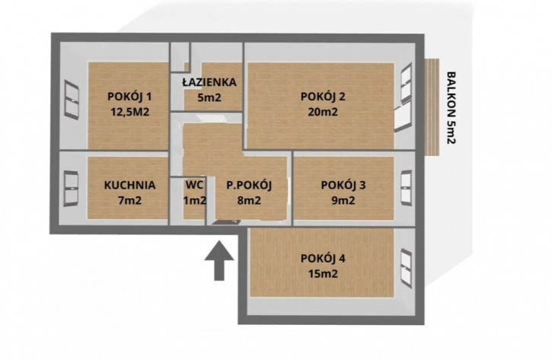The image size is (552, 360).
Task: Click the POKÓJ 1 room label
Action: click(129, 97)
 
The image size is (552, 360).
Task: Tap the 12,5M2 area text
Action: click(130, 112)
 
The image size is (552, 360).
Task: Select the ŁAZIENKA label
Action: click(209, 81)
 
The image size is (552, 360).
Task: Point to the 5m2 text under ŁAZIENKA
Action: click(209, 97)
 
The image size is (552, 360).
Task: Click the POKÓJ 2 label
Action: click(323, 97)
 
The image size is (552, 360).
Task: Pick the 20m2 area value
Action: click(323, 112)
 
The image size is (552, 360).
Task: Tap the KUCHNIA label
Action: click(130, 185)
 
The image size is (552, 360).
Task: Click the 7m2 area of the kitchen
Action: click(130, 201)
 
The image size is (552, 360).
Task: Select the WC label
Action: click(194, 185)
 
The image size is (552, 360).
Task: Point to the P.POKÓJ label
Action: click(249, 186)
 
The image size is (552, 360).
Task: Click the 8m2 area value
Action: click(249, 201)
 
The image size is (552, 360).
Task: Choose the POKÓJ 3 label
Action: click(343, 186)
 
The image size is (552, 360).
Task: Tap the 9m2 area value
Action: click(343, 201)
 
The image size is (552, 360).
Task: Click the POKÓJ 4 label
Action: click(323, 258)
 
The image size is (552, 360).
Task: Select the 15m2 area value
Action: click(323, 274)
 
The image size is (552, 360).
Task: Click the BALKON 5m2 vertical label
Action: click(451, 107)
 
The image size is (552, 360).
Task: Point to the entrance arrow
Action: click(219, 261)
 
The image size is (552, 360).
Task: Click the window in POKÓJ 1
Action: click(72, 100)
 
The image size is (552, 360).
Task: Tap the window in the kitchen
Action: click(71, 188)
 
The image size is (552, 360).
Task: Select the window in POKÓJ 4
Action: click(407, 268)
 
